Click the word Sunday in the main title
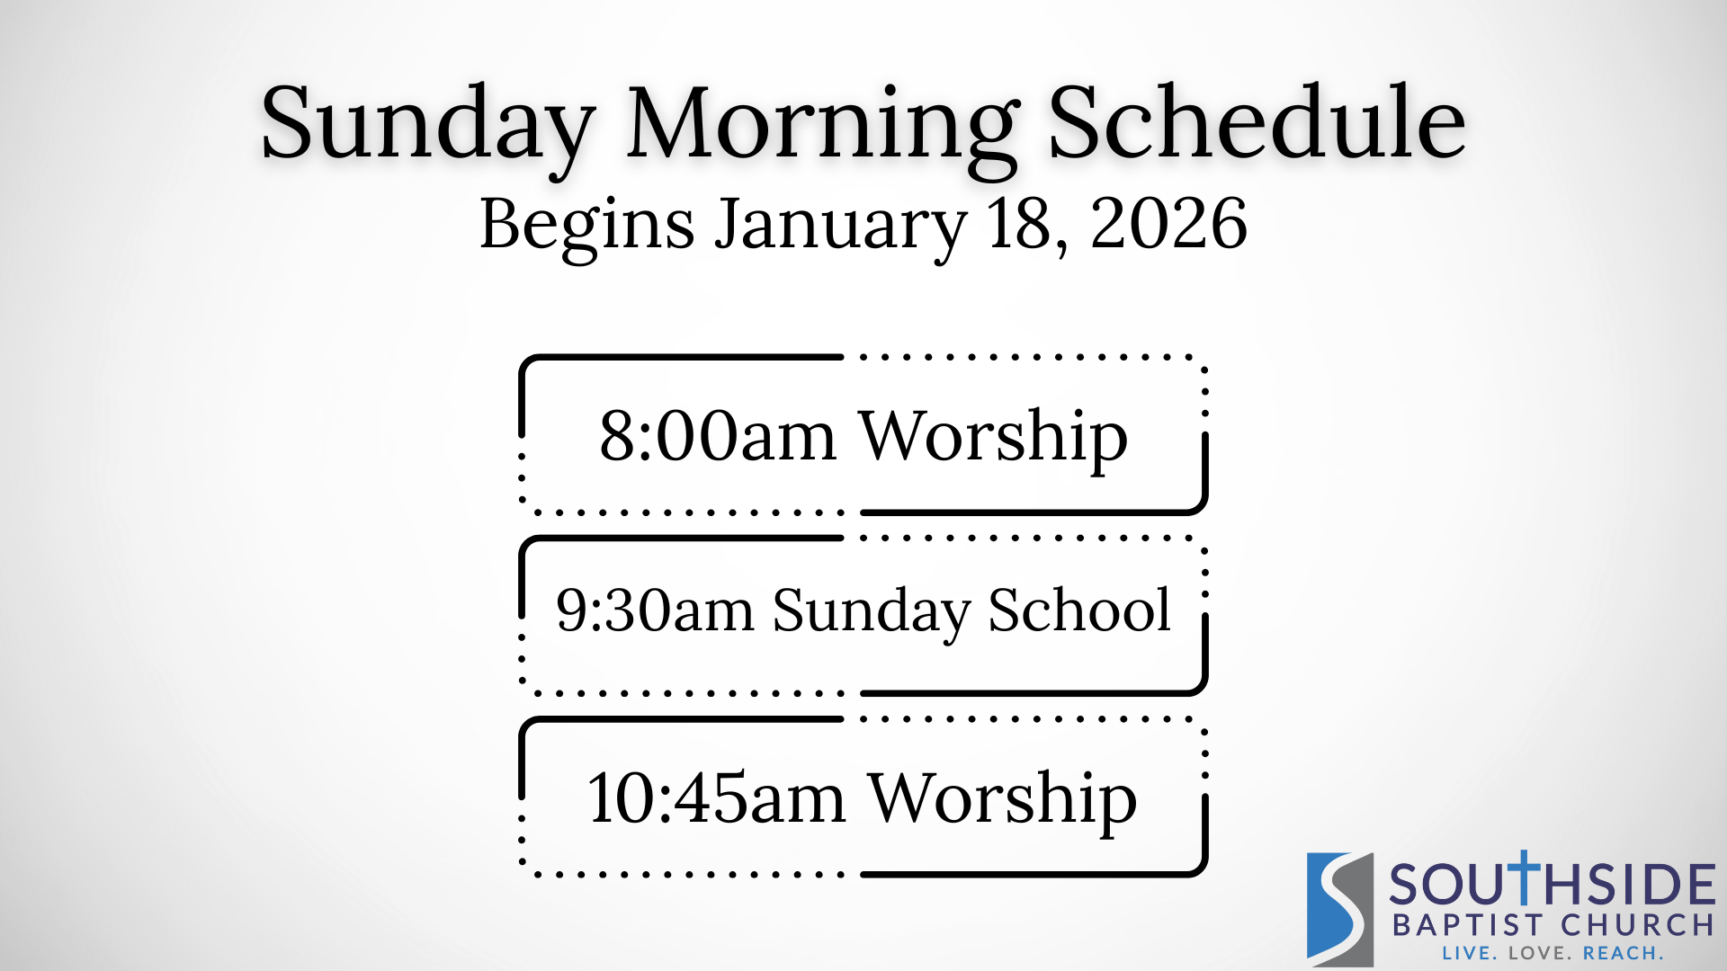(428, 126)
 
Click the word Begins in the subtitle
(587, 227)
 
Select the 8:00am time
(718, 436)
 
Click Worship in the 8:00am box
(993, 440)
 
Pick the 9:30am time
(655, 610)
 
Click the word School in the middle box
(1079, 609)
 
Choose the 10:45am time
(716, 798)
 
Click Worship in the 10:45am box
(1002, 801)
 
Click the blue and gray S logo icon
(1340, 909)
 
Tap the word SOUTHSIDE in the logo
(1553, 882)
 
